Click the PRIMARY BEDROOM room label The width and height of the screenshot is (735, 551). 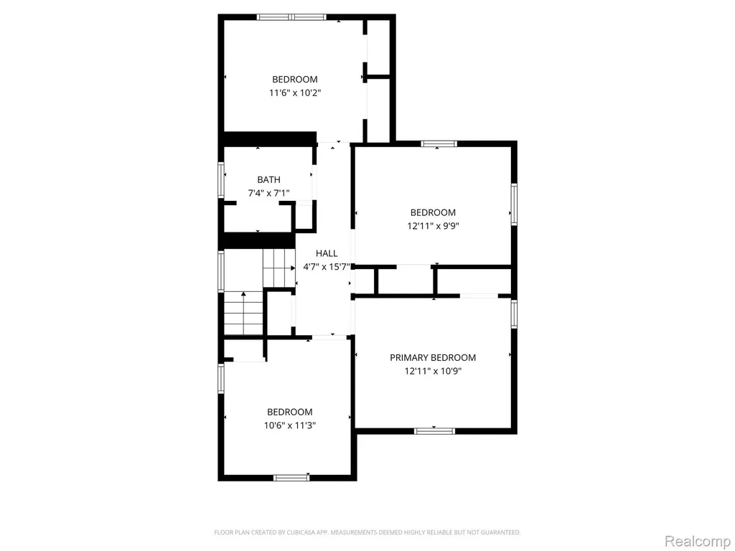click(433, 357)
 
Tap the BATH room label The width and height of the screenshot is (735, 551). click(268, 179)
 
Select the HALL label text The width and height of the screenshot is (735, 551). click(327, 253)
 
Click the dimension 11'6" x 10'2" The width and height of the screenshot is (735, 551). click(295, 93)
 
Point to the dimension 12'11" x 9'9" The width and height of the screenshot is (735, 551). click(433, 226)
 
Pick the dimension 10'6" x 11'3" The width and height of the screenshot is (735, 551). click(290, 425)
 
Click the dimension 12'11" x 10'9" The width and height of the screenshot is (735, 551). click(433, 371)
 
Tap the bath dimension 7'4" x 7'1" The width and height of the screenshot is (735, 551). click(268, 192)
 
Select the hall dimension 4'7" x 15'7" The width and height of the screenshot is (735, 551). click(327, 267)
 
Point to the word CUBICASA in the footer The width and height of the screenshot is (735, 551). click(304, 532)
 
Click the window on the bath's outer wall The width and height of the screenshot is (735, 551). click(221, 180)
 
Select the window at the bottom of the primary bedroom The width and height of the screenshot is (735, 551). click(434, 430)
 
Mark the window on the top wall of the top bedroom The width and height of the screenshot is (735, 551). click(291, 17)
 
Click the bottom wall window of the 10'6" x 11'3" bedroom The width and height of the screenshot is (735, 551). click(291, 477)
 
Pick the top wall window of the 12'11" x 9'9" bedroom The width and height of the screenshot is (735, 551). click(439, 143)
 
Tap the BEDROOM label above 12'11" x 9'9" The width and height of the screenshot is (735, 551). click(433, 212)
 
